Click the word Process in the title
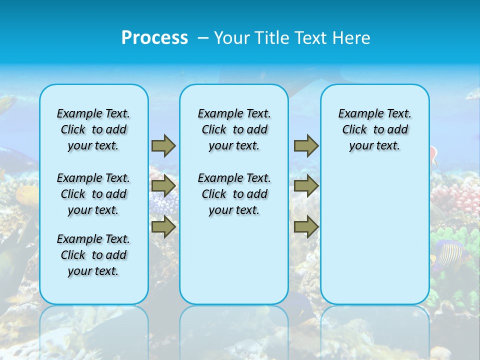click(154, 38)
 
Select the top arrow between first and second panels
click(163, 145)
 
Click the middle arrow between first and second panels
click(163, 186)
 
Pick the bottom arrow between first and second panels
click(163, 226)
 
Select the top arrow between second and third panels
click(306, 145)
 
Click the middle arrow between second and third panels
click(306, 186)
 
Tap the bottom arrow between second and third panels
click(306, 226)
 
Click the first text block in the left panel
click(93, 129)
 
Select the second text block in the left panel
click(93, 194)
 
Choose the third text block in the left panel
click(93, 255)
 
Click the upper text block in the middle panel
click(234, 129)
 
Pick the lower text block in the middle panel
click(234, 194)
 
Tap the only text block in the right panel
click(374, 129)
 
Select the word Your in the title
click(232, 38)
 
